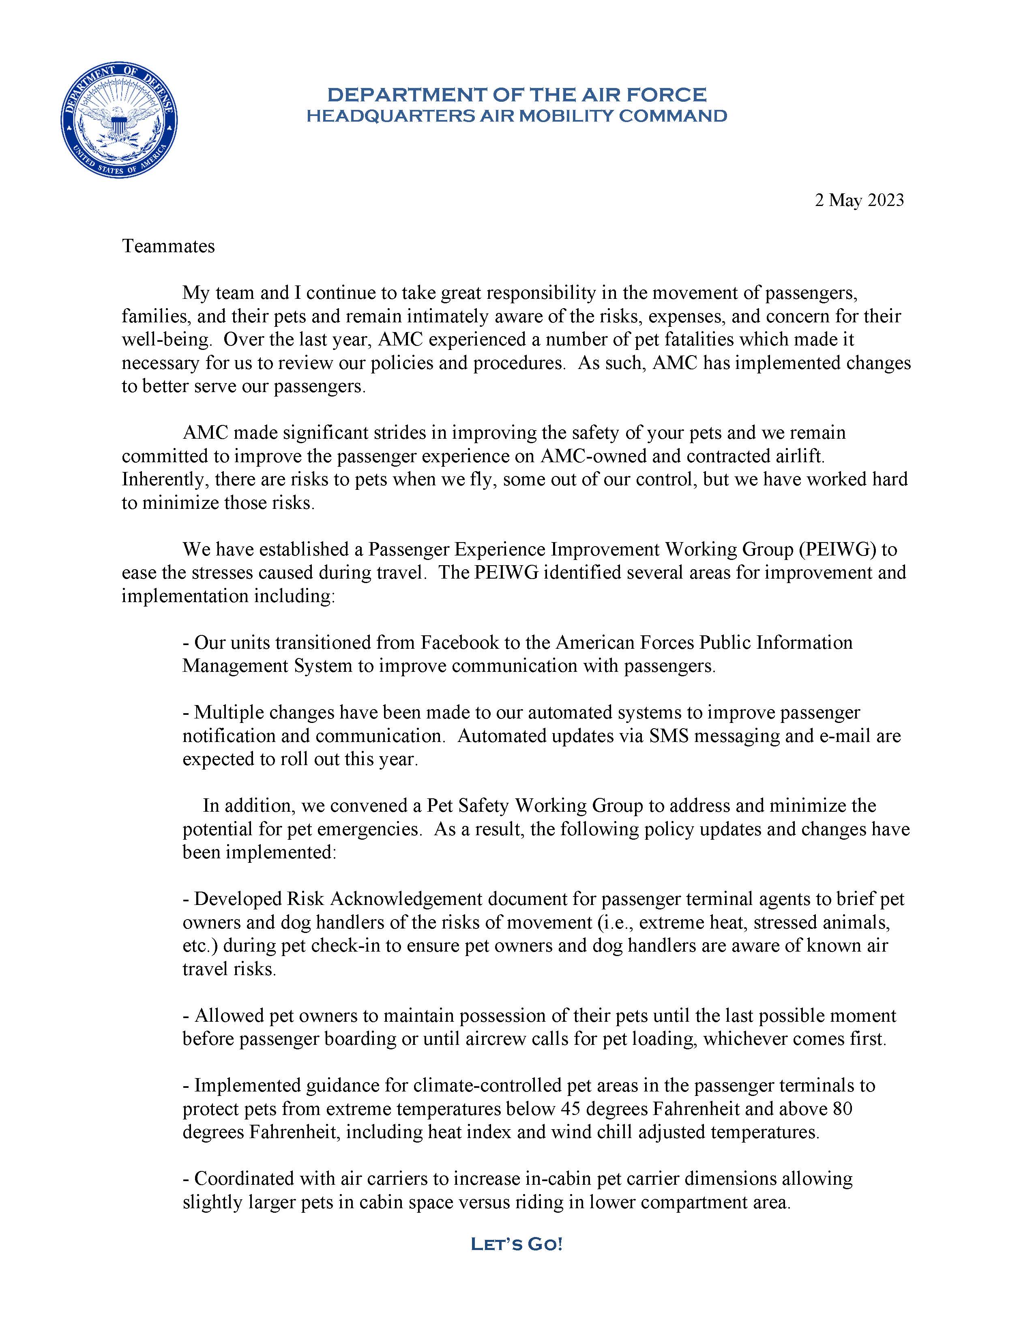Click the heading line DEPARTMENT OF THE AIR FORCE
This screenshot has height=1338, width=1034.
[516, 94]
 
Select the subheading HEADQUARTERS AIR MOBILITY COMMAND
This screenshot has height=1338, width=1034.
[516, 116]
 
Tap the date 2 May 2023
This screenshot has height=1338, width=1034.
[859, 200]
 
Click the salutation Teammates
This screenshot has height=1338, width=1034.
[168, 246]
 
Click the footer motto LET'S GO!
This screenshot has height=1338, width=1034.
[516, 1244]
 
